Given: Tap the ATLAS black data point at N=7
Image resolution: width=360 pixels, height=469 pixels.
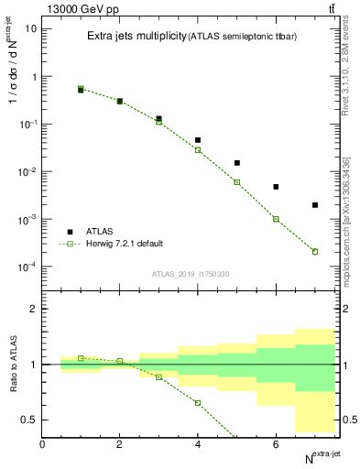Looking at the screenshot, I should (315, 205).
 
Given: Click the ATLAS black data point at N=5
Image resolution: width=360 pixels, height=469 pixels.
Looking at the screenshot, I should (237, 163).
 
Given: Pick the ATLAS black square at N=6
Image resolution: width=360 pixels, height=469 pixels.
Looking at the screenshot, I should (276, 187).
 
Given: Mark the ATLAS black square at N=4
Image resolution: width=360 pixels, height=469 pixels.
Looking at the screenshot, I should (198, 140).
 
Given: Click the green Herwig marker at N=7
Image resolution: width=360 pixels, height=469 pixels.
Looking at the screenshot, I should (315, 251).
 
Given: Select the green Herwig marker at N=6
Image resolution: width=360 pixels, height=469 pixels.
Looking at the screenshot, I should (276, 219).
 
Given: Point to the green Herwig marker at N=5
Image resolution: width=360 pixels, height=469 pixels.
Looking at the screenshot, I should (237, 182).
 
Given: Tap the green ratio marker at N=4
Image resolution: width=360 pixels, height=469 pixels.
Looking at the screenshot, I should (198, 403).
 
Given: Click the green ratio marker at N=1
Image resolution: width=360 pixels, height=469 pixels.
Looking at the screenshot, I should (82, 358).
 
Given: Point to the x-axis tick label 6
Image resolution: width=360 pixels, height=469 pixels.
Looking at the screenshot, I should (276, 444).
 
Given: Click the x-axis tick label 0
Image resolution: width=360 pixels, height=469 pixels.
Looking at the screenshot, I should (43, 444).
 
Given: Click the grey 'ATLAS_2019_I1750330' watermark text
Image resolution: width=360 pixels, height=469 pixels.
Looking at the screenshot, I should (191, 274).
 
